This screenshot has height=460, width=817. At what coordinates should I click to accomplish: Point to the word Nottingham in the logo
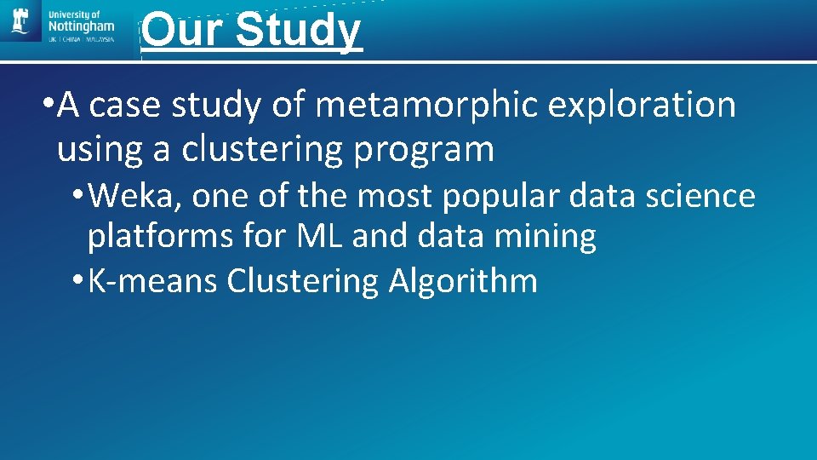(82, 27)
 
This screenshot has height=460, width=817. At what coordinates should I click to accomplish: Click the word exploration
(642, 106)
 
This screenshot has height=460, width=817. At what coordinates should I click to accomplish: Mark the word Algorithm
(463, 280)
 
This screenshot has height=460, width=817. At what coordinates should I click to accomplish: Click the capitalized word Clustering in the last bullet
(303, 280)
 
